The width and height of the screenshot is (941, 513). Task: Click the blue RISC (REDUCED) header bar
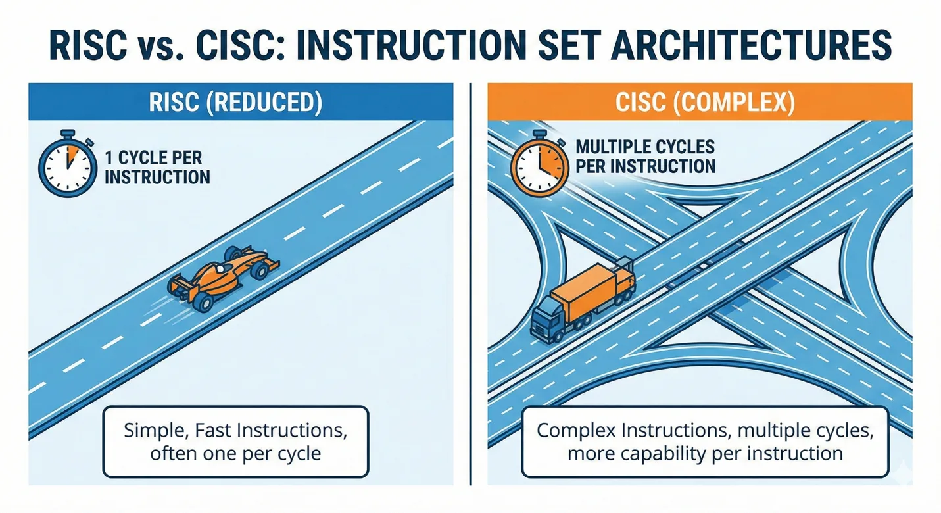(x=241, y=103)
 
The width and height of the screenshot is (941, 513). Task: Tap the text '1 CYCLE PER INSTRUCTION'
(x=157, y=168)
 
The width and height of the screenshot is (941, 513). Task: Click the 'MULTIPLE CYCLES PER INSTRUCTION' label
(x=644, y=156)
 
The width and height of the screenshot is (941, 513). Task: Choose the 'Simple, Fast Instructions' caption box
(x=235, y=442)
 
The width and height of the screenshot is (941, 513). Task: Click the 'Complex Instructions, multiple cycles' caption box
(x=704, y=442)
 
